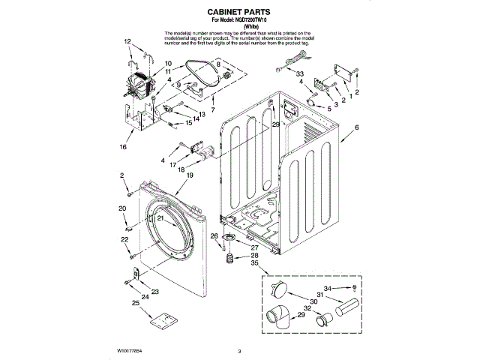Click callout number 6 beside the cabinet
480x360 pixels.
[x=356, y=128]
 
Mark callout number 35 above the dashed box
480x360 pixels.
[x=255, y=263]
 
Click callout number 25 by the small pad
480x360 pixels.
[x=135, y=303]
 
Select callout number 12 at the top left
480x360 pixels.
[x=127, y=41]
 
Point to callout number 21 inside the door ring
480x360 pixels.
[x=160, y=217]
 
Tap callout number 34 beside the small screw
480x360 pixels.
[x=326, y=288]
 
